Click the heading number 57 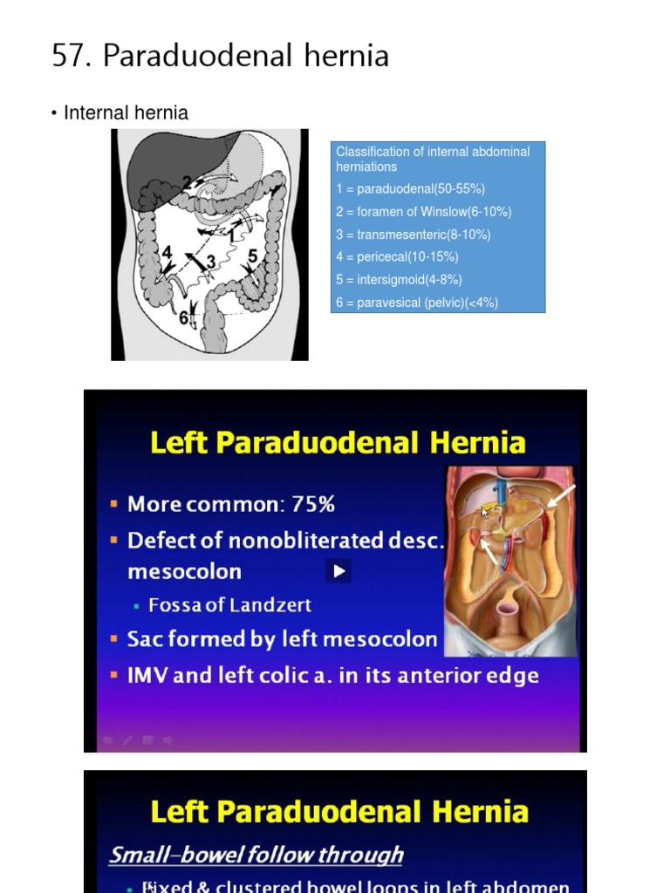click(72, 57)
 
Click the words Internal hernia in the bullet click(126, 113)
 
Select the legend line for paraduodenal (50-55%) click(410, 189)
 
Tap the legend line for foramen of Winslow click(423, 212)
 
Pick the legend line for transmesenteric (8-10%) click(413, 235)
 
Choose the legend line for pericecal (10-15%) click(397, 257)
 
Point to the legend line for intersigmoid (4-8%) click(399, 280)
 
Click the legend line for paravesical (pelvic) click(417, 303)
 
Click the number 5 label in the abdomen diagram click(253, 256)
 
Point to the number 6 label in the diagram click(184, 318)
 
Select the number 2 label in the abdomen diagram click(187, 182)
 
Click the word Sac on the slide click(145, 639)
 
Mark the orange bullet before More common click(114, 504)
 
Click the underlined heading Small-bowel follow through click(256, 855)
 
